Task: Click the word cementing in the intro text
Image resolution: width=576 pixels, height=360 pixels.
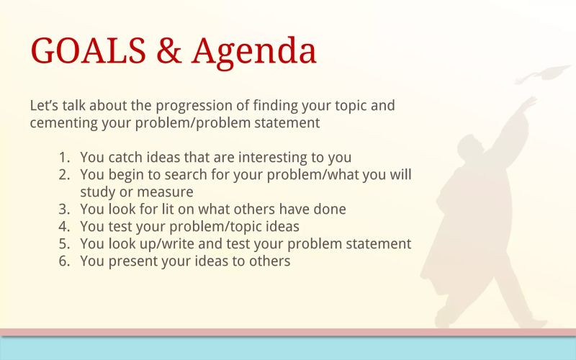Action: click(63, 122)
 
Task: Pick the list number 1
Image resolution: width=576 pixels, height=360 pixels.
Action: click(65, 157)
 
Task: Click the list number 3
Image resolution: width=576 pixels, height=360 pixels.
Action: click(65, 210)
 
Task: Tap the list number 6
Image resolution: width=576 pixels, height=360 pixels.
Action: click(65, 261)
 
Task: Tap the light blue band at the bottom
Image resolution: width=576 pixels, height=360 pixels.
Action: click(288, 348)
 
